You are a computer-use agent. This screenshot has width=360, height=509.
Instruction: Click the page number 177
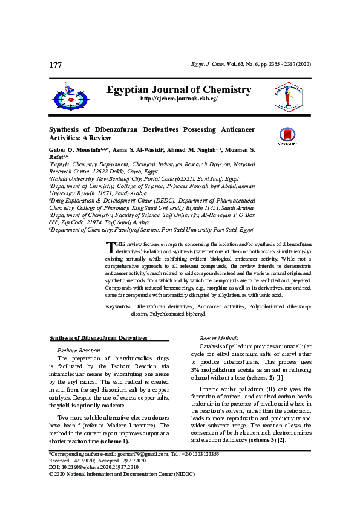[55, 65]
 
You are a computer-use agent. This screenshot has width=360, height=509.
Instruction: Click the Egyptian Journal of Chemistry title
[179, 89]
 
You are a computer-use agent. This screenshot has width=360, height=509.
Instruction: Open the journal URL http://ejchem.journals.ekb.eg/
[179, 99]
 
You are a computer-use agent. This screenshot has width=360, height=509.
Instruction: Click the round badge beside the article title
[287, 136]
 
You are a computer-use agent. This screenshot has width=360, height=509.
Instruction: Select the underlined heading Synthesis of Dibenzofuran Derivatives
[98, 337]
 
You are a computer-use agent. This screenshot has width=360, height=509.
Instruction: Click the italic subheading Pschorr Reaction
[78, 350]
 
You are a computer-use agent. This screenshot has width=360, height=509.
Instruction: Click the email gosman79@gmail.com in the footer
[136, 470]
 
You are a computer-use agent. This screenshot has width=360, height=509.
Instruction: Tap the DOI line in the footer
[93, 484]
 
